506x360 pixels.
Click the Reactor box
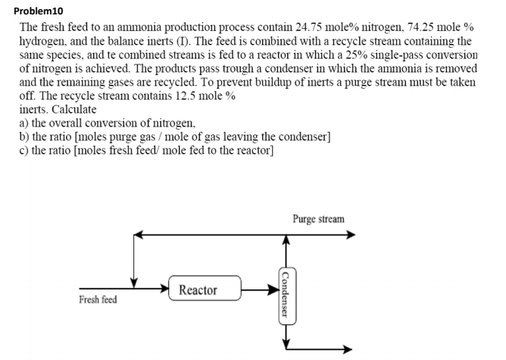coord(198,290)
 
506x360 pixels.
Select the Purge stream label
coord(317,219)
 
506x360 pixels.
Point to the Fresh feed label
coord(98,299)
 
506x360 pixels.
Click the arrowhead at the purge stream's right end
coord(349,236)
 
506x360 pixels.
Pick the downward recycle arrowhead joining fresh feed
coord(134,283)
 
